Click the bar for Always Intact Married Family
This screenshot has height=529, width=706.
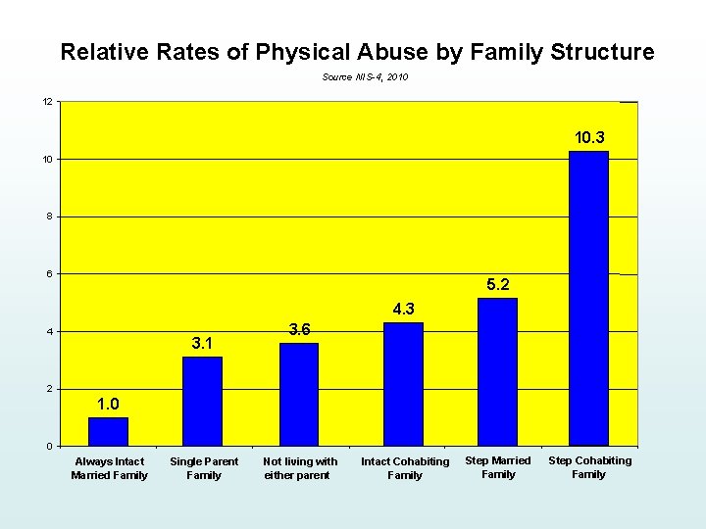pyautogui.click(x=108, y=432)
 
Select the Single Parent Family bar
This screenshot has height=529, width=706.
pyautogui.click(x=202, y=402)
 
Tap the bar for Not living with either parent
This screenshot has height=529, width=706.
pyautogui.click(x=299, y=395)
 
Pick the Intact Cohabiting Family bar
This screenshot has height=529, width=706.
pyautogui.click(x=403, y=384)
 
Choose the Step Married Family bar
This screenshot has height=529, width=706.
pyautogui.click(x=497, y=372)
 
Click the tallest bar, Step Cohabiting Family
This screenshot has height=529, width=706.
pyautogui.click(x=588, y=299)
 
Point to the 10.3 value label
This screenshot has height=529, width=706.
pyautogui.click(x=588, y=138)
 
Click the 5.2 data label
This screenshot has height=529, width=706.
pyautogui.click(x=497, y=285)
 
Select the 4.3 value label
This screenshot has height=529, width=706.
pyautogui.click(x=404, y=310)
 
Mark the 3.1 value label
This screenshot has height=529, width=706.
pyautogui.click(x=203, y=344)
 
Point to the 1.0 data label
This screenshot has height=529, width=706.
pyautogui.click(x=108, y=405)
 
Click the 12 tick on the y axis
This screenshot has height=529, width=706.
pyautogui.click(x=47, y=102)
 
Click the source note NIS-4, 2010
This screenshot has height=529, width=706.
pyautogui.click(x=365, y=76)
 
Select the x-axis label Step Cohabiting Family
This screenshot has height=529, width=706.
pyautogui.click(x=589, y=467)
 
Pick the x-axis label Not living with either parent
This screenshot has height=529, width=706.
pyautogui.click(x=300, y=468)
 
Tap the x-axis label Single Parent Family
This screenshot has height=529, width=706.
pyautogui.click(x=204, y=468)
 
